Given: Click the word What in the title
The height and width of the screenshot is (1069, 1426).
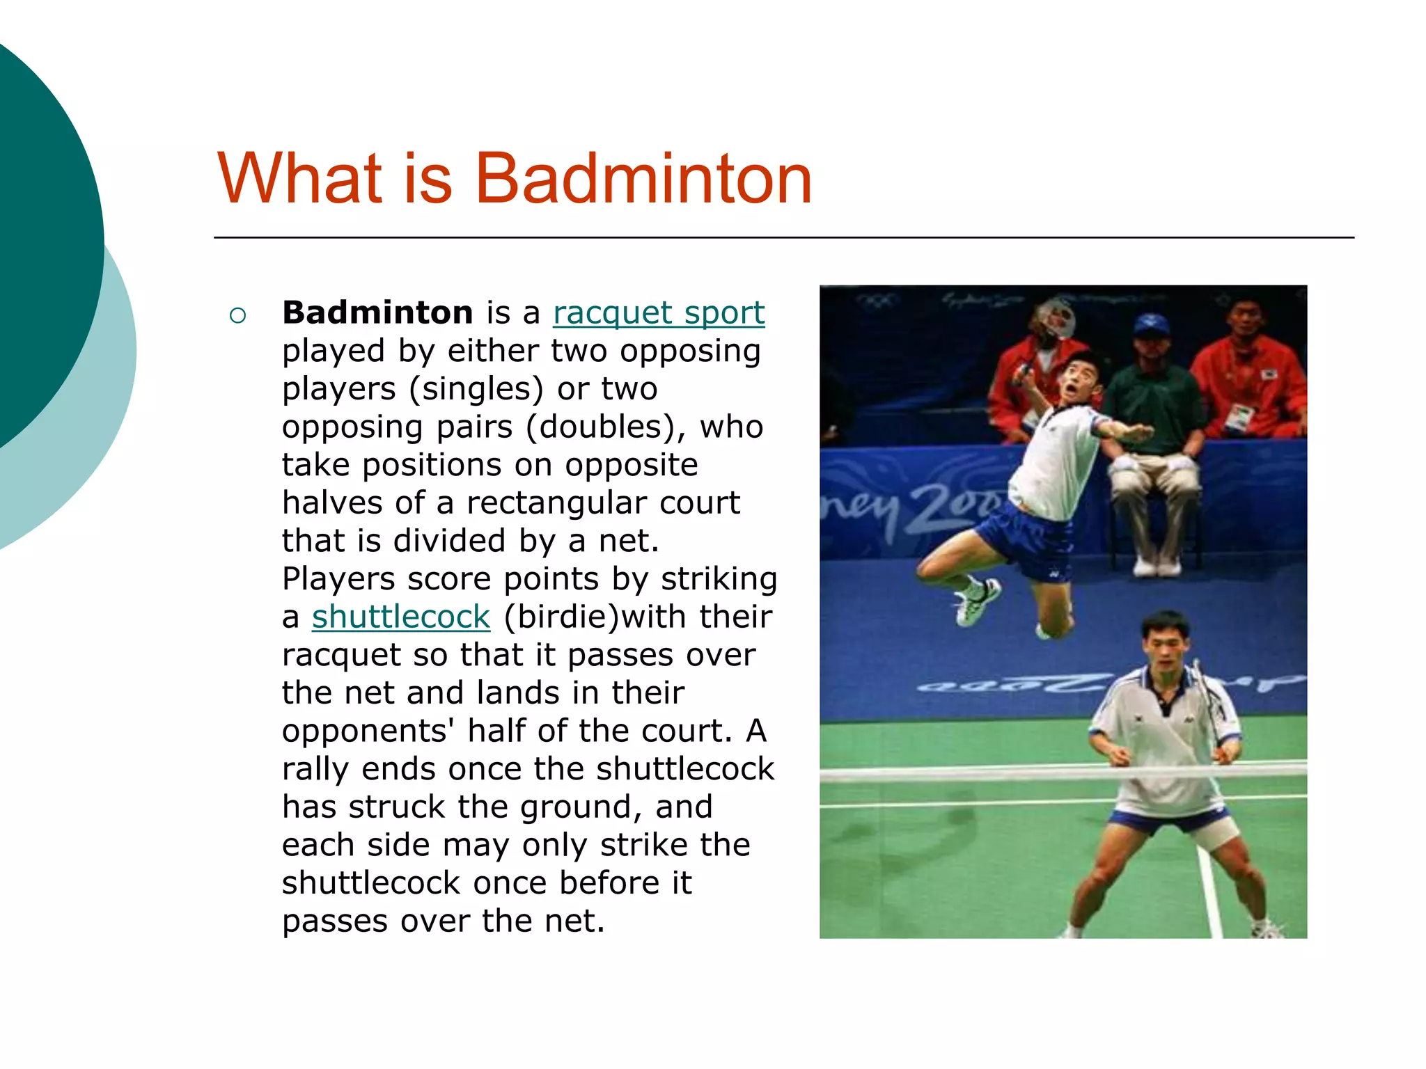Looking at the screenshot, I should click(x=300, y=179).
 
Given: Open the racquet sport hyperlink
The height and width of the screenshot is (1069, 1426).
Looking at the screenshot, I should click(x=659, y=312).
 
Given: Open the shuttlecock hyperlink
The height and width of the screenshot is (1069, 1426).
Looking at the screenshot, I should click(x=401, y=617).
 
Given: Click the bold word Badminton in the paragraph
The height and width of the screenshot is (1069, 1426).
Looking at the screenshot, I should click(x=377, y=312).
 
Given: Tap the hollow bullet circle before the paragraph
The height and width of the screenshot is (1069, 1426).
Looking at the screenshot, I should click(x=237, y=316).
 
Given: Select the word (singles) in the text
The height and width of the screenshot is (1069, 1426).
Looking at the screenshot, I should click(x=476, y=389).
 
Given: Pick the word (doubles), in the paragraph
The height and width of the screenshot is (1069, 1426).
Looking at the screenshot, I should click(x=606, y=427).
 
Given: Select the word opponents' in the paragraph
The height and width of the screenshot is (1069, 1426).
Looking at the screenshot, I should click(x=368, y=731).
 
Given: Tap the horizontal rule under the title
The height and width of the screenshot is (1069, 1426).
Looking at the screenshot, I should click(x=783, y=238).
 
